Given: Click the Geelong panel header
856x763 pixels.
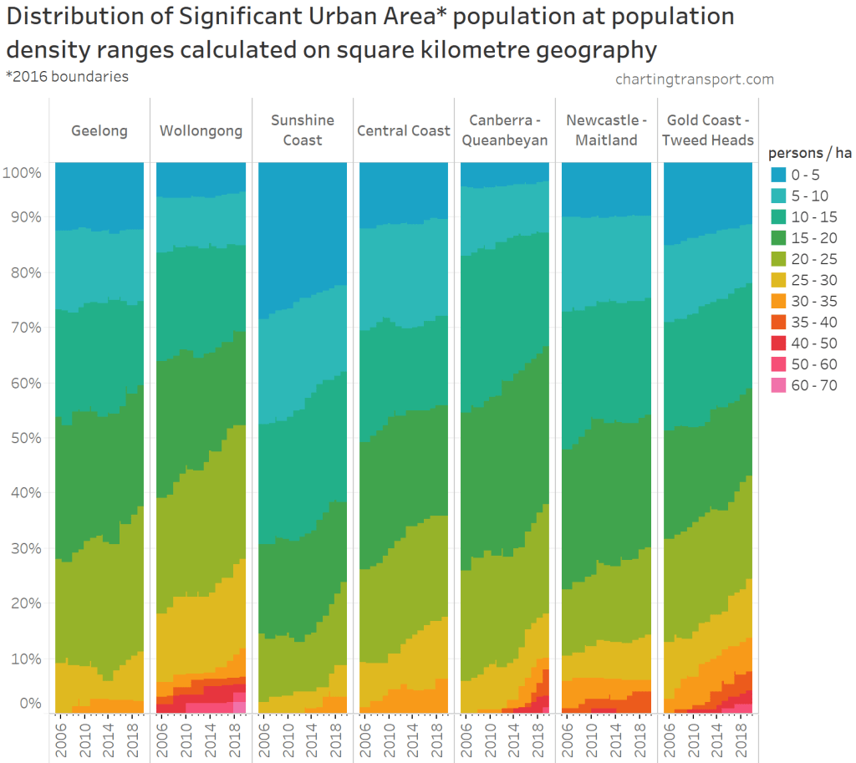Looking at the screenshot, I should [x=99, y=131].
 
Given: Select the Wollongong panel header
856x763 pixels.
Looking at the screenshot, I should [x=201, y=131].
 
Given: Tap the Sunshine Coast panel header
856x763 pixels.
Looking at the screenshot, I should [x=302, y=130].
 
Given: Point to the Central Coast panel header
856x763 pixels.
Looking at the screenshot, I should [x=404, y=131].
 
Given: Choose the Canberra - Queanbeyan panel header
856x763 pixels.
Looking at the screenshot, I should [x=505, y=130].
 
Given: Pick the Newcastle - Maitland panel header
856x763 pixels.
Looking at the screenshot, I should [x=606, y=130].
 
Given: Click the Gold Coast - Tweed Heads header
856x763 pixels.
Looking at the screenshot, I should [x=708, y=130].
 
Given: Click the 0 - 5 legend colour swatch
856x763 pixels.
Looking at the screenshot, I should [x=778, y=175].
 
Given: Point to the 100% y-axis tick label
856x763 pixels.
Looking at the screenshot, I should [x=22, y=173].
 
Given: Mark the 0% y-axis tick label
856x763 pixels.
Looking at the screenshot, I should [x=31, y=704].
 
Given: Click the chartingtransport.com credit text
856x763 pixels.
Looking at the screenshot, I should [x=694, y=79].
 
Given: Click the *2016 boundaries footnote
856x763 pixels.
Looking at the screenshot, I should [x=67, y=76].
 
